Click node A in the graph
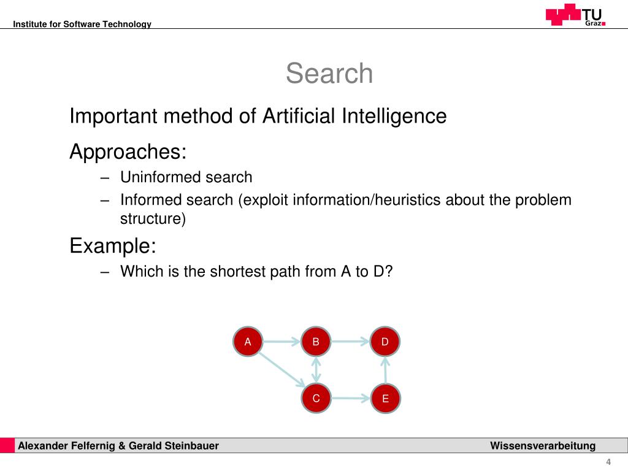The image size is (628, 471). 248,342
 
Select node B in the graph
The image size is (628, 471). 316,342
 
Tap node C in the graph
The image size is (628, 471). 316,399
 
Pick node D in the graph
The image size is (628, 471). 385,342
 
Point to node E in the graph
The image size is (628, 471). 385,399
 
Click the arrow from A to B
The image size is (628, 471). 281,342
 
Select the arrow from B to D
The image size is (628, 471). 350,342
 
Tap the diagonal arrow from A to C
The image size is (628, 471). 281,370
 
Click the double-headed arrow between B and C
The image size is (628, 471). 316,370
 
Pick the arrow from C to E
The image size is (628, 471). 351,399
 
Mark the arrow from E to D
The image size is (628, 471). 385,370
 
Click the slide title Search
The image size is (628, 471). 329,74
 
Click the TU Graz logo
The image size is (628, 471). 575,15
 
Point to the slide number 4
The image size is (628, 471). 608,462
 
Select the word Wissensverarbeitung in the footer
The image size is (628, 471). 543,446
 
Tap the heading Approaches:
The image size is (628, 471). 128,151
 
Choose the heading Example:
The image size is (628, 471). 113,246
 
